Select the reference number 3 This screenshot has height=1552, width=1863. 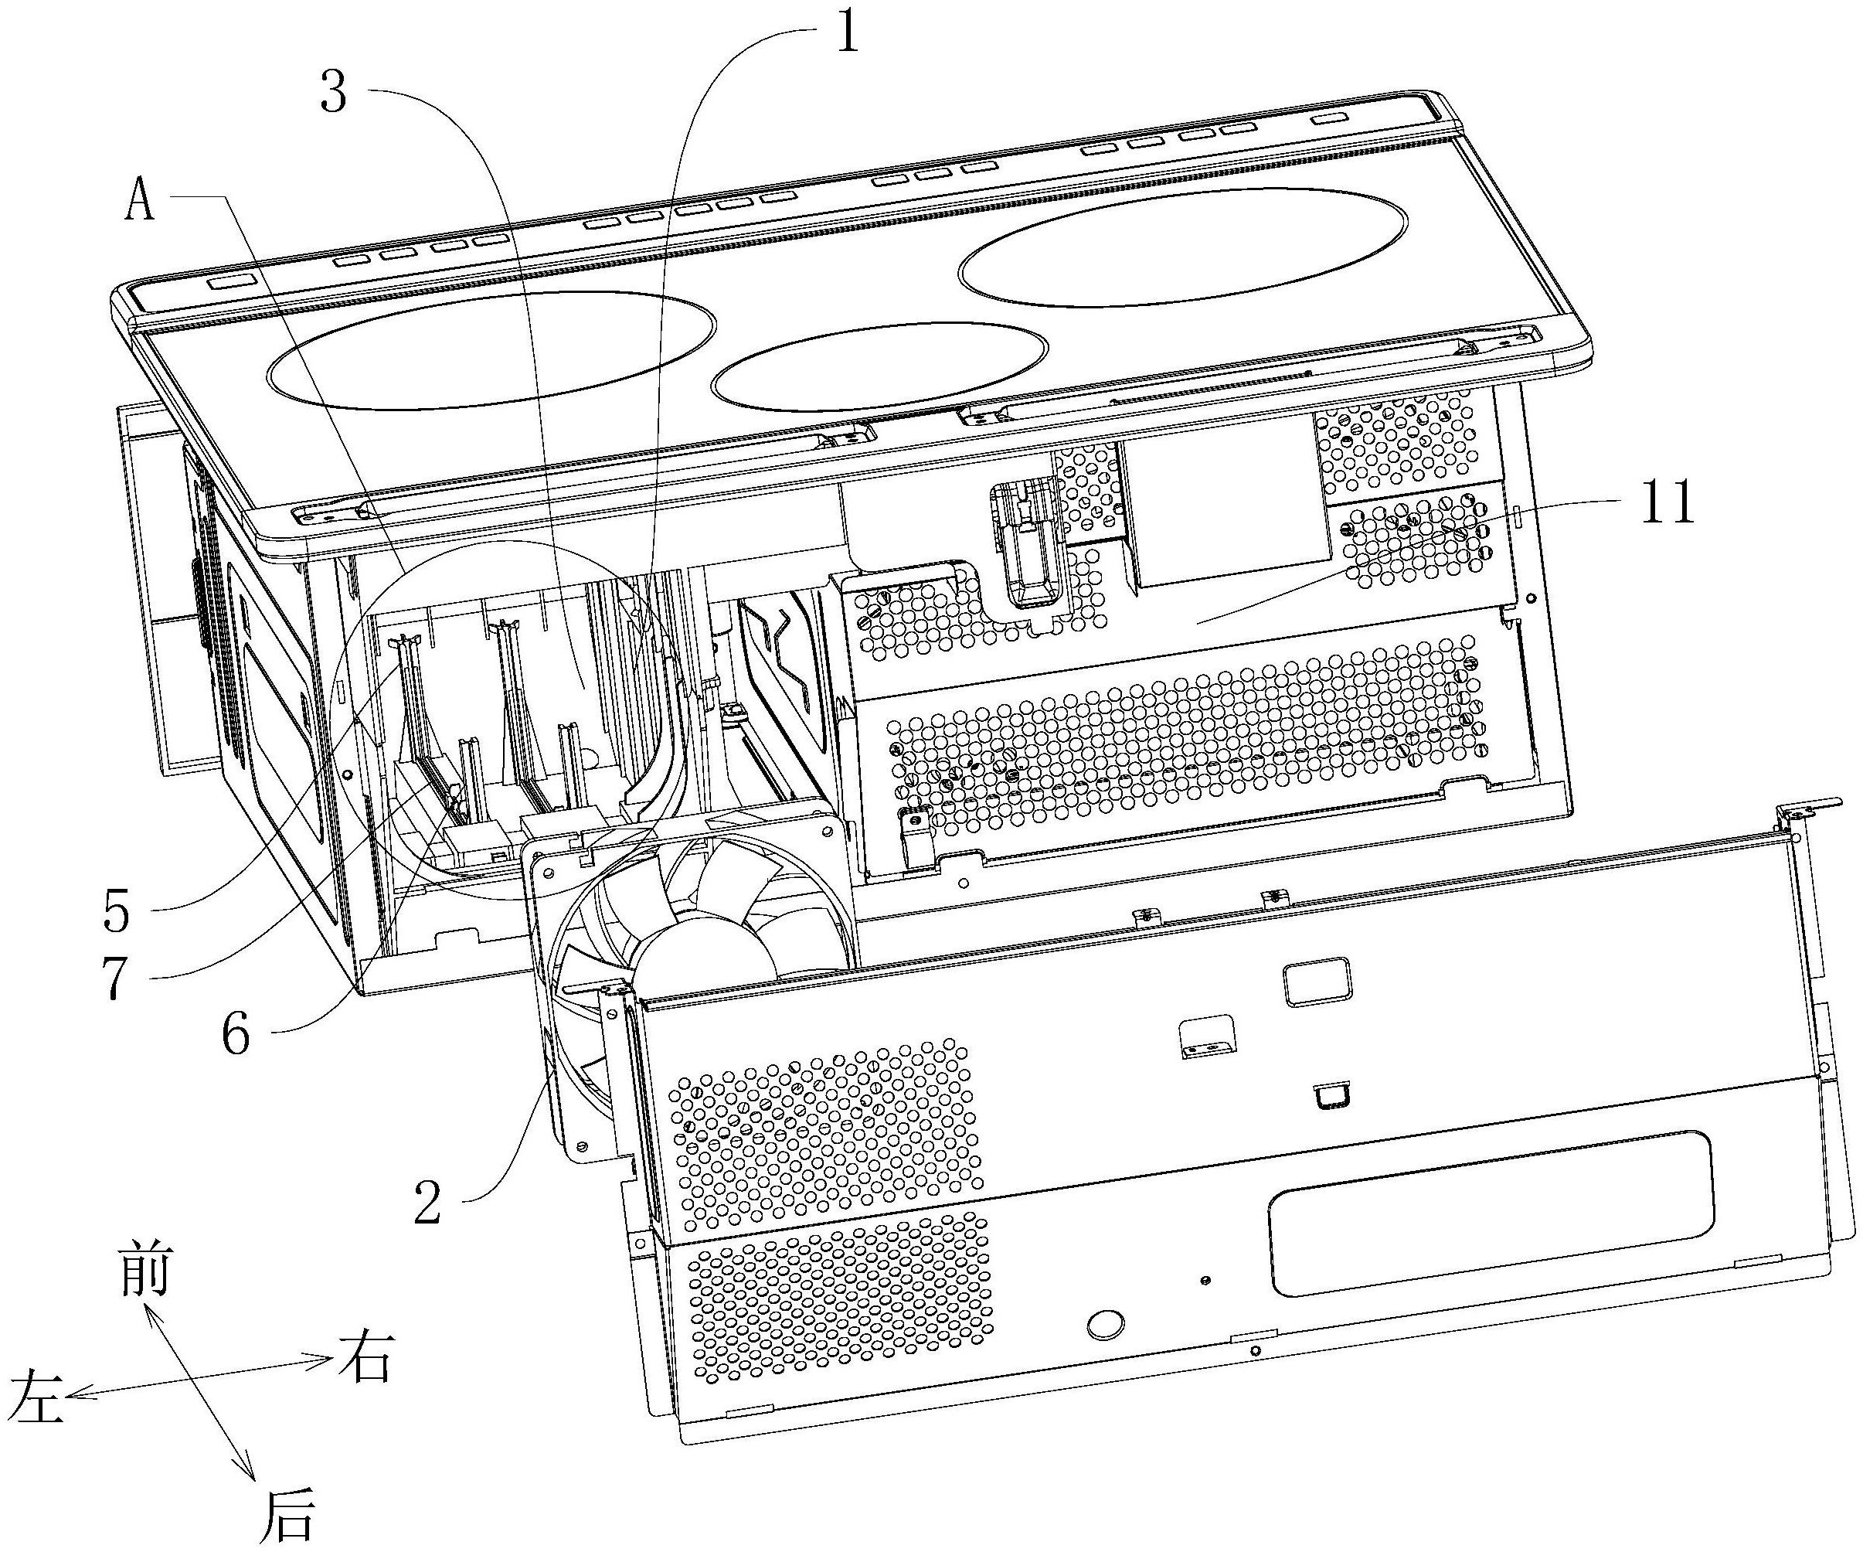pos(334,91)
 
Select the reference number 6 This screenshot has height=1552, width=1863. pos(235,1034)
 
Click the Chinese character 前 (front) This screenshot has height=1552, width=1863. pos(144,1270)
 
